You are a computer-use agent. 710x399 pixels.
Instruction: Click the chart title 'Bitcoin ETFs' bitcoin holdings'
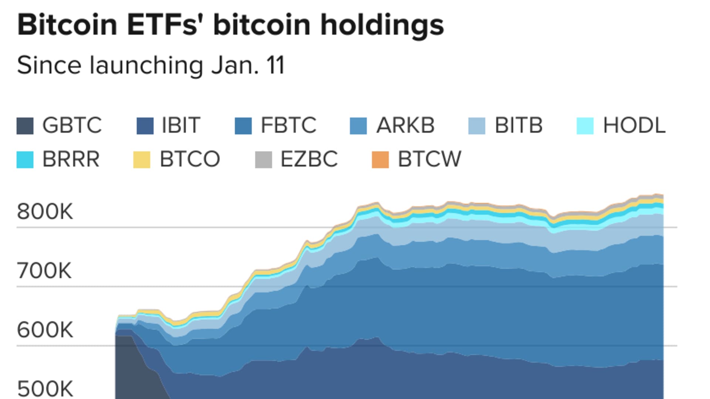[x=230, y=25]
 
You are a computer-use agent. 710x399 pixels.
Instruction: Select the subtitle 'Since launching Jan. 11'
[x=151, y=65]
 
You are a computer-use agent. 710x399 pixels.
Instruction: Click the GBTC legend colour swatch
[x=25, y=126]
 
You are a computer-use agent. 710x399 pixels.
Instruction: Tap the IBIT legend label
[x=181, y=125]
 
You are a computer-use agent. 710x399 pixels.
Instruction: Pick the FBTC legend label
[x=288, y=125]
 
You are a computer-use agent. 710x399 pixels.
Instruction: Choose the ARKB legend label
[x=405, y=125]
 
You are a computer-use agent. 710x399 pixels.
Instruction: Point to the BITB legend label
[x=518, y=125]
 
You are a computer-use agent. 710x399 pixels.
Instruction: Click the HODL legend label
[x=634, y=125]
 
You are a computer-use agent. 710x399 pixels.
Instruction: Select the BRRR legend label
[x=71, y=159]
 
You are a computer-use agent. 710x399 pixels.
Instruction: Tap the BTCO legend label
[x=190, y=159]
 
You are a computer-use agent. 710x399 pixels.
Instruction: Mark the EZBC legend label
[x=309, y=159]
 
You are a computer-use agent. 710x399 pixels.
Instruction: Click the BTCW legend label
[x=429, y=159]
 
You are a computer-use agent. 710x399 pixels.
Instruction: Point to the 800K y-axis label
[x=45, y=212]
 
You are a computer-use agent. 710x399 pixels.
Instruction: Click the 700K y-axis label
[x=44, y=271]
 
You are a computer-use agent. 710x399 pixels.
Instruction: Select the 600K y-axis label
[x=45, y=330]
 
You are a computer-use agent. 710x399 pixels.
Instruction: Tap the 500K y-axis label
[x=45, y=389]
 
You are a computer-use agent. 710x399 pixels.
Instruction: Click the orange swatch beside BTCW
[x=380, y=160]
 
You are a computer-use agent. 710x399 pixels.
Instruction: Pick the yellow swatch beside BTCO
[x=142, y=160]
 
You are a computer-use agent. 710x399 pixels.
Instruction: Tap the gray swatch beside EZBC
[x=263, y=160]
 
